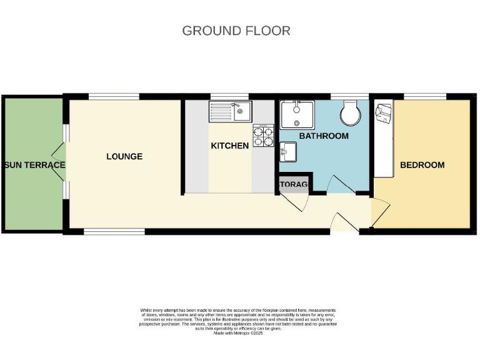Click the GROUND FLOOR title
tap(236, 31)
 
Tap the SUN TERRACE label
tap(34, 165)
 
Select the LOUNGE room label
tap(124, 156)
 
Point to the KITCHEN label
tap(229, 146)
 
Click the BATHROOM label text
tap(323, 136)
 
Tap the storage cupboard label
tap(293, 184)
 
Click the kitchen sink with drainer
tap(229, 112)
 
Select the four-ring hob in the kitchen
tap(263, 136)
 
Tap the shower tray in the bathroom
tap(298, 115)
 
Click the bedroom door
tap(379, 212)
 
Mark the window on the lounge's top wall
tap(113, 97)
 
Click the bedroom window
tap(424, 97)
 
